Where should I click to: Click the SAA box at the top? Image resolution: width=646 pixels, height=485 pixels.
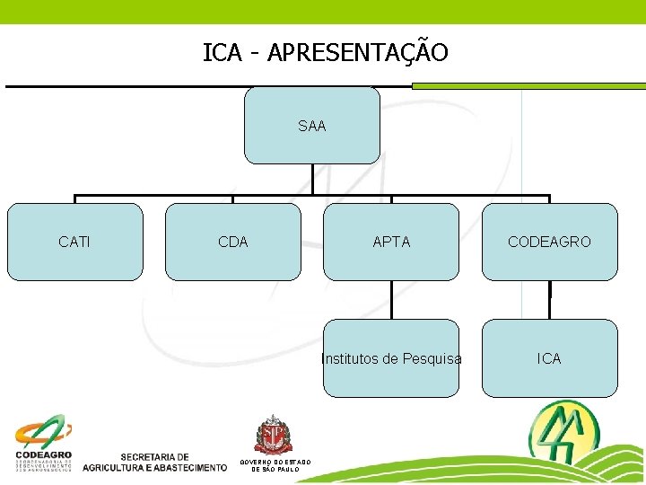pyautogui.click(x=312, y=126)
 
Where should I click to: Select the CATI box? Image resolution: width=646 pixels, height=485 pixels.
pyautogui.click(x=74, y=242)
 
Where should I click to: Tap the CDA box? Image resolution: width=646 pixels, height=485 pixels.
pyautogui.click(x=233, y=242)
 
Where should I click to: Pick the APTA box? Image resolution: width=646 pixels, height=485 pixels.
pyautogui.click(x=391, y=242)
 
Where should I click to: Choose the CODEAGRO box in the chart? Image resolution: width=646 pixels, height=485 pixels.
pyautogui.click(x=549, y=242)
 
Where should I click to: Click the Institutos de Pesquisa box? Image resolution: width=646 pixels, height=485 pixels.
pyautogui.click(x=391, y=358)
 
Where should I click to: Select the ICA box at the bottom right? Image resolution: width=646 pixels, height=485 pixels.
pyautogui.click(x=549, y=358)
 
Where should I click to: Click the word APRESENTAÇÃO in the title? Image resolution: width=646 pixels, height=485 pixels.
pyautogui.click(x=357, y=53)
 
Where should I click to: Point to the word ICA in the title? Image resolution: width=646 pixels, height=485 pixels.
pyautogui.click(x=223, y=53)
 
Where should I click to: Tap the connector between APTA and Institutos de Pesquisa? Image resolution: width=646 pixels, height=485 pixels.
pyautogui.click(x=391, y=300)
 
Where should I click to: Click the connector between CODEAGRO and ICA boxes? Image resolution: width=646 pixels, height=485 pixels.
pyautogui.click(x=550, y=300)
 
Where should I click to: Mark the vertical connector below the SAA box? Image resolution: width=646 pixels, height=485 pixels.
pyautogui.click(x=312, y=179)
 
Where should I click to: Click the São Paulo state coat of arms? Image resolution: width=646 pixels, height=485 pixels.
pyautogui.click(x=275, y=436)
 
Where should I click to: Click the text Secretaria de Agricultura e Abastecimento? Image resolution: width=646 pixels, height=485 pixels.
pyautogui.click(x=154, y=462)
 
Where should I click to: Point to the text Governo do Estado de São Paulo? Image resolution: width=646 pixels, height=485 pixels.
pyautogui.click(x=275, y=465)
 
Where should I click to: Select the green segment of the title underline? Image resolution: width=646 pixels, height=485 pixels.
pyautogui.click(x=528, y=86)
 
